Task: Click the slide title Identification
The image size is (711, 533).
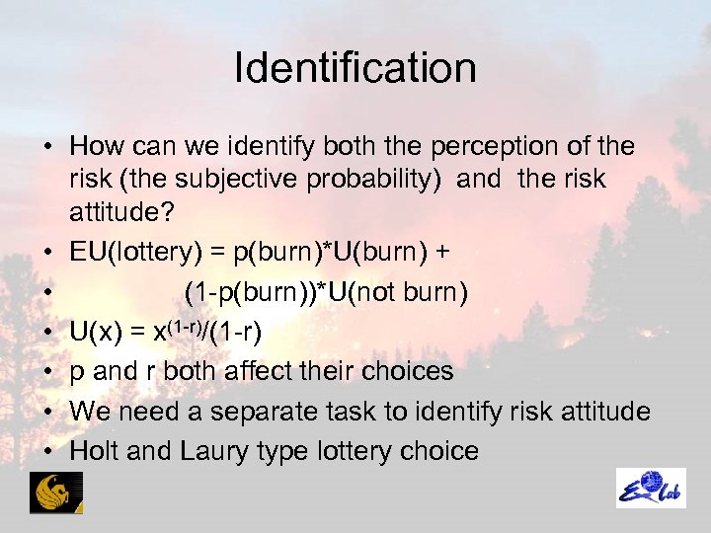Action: click(x=355, y=68)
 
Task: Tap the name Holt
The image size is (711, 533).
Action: click(x=97, y=451)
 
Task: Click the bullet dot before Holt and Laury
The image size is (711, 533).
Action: click(x=48, y=452)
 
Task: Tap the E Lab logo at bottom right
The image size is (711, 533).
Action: click(x=651, y=488)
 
